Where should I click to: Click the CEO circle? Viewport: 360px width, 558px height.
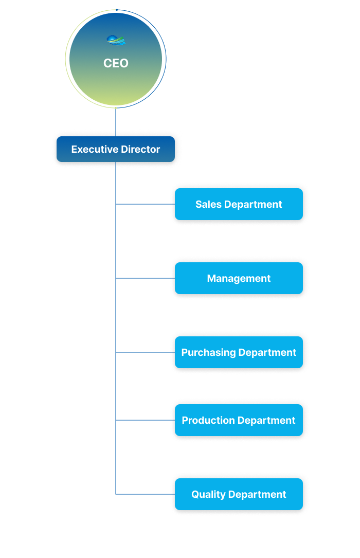(x=116, y=82)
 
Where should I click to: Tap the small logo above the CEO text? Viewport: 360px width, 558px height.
(x=116, y=40)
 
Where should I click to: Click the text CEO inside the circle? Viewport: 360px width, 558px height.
(x=116, y=63)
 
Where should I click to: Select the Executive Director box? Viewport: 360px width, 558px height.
(x=116, y=149)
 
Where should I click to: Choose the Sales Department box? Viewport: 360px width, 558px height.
(x=239, y=204)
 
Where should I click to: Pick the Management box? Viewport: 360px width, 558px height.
(x=239, y=278)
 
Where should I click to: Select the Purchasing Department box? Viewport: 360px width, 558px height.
(x=239, y=352)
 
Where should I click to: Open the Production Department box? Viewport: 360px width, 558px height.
(x=239, y=420)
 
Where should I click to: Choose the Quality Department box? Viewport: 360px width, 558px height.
(x=239, y=494)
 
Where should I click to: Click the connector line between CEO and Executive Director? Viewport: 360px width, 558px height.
(x=116, y=122)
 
